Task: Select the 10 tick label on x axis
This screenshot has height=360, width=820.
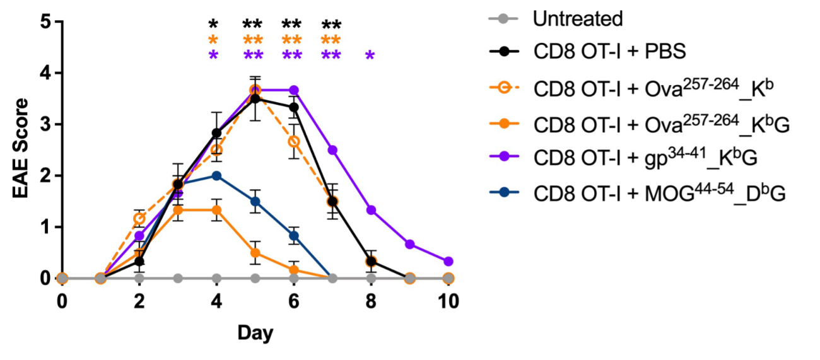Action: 448,301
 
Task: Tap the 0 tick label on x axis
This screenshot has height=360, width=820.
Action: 62,301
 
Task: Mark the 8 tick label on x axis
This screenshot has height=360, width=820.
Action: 371,301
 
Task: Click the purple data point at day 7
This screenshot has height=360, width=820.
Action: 332,150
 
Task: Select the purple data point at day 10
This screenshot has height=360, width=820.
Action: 448,261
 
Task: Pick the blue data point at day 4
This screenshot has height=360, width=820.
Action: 216,176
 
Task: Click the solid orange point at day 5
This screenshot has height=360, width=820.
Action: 255,253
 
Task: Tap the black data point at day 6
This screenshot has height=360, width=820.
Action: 294,108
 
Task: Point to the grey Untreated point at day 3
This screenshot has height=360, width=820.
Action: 178,278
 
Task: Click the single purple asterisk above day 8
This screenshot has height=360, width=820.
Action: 370,56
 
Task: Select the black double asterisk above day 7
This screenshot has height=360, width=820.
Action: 332,26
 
